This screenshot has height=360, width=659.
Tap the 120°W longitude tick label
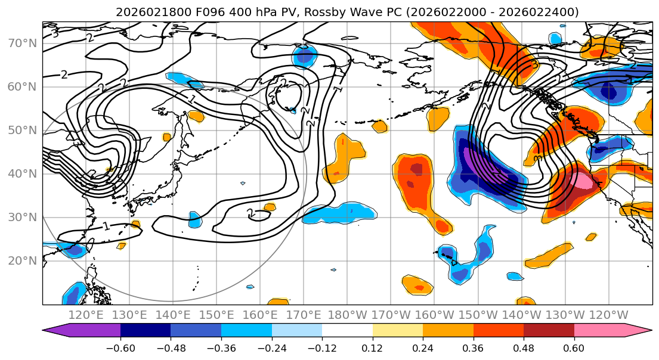tap(608, 315)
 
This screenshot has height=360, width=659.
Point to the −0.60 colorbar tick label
tap(120, 347)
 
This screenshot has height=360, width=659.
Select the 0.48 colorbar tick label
tap(524, 347)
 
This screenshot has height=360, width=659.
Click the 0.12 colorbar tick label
tap(373, 347)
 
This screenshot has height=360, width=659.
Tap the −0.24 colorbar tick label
tap(271, 347)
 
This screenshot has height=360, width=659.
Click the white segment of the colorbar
tap(347, 331)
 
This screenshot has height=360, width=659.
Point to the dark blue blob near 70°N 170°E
tap(305, 57)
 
